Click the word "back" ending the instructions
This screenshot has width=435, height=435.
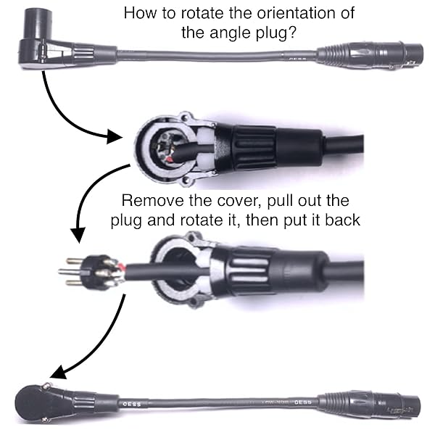[343, 219]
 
